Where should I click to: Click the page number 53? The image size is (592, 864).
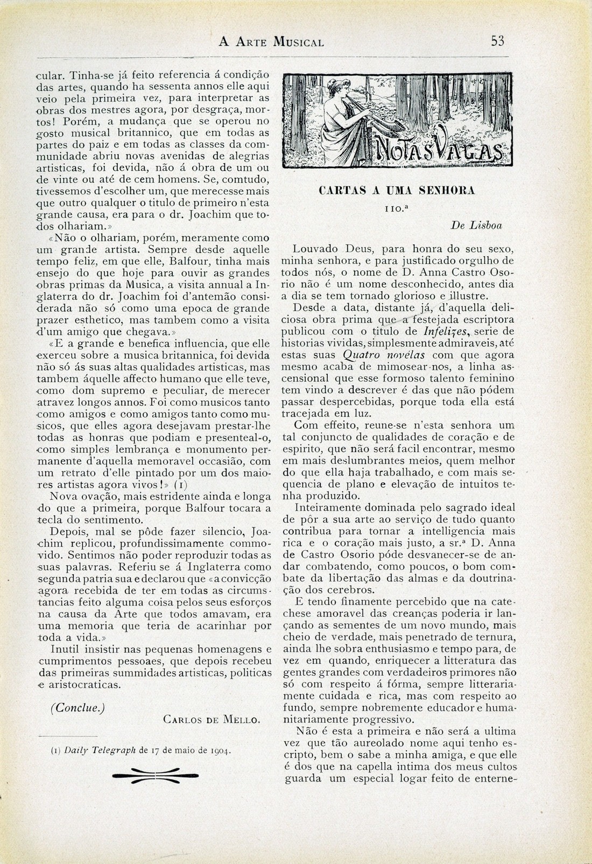(496, 41)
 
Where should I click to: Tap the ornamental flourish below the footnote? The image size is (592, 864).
(155, 774)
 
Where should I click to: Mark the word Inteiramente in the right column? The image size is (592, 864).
(330, 507)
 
